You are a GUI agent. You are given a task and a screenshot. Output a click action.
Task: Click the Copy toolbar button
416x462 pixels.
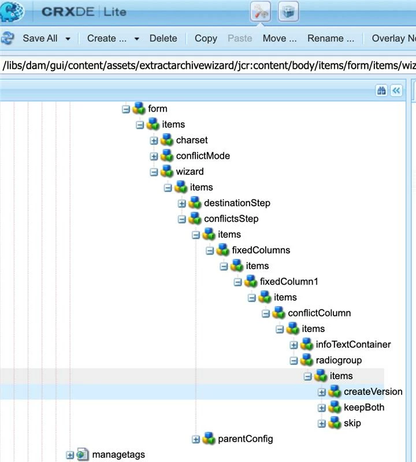(206, 38)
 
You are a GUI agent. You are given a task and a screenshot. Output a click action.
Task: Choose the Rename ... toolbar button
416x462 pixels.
(330, 38)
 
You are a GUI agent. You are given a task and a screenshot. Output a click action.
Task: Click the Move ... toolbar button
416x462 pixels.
(280, 38)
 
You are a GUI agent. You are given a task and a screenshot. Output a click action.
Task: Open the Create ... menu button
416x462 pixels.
(107, 38)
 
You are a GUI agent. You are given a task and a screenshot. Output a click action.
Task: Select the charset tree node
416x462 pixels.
(192, 140)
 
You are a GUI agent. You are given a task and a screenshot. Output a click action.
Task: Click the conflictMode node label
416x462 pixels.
(203, 156)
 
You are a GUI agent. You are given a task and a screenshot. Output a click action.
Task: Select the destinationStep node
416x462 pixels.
(237, 203)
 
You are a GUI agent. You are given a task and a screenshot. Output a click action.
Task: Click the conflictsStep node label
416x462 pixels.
(231, 219)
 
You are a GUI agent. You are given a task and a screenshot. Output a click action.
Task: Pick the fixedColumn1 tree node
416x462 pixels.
(289, 282)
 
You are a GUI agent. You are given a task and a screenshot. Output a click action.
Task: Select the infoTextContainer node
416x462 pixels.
(353, 345)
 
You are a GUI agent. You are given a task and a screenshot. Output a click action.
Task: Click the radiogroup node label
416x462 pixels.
(339, 360)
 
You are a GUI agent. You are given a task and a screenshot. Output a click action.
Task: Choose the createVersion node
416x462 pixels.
(373, 392)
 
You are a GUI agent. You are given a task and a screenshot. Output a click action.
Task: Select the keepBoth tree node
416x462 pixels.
(364, 408)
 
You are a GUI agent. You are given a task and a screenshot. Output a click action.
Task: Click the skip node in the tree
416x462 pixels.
(352, 423)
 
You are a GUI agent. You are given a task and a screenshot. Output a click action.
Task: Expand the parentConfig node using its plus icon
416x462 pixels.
(196, 439)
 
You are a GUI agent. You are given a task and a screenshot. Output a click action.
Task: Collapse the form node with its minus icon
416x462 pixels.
(126, 109)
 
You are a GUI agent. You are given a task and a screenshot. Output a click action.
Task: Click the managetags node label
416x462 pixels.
(118, 454)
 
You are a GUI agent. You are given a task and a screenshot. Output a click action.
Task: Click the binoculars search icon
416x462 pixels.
(381, 91)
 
